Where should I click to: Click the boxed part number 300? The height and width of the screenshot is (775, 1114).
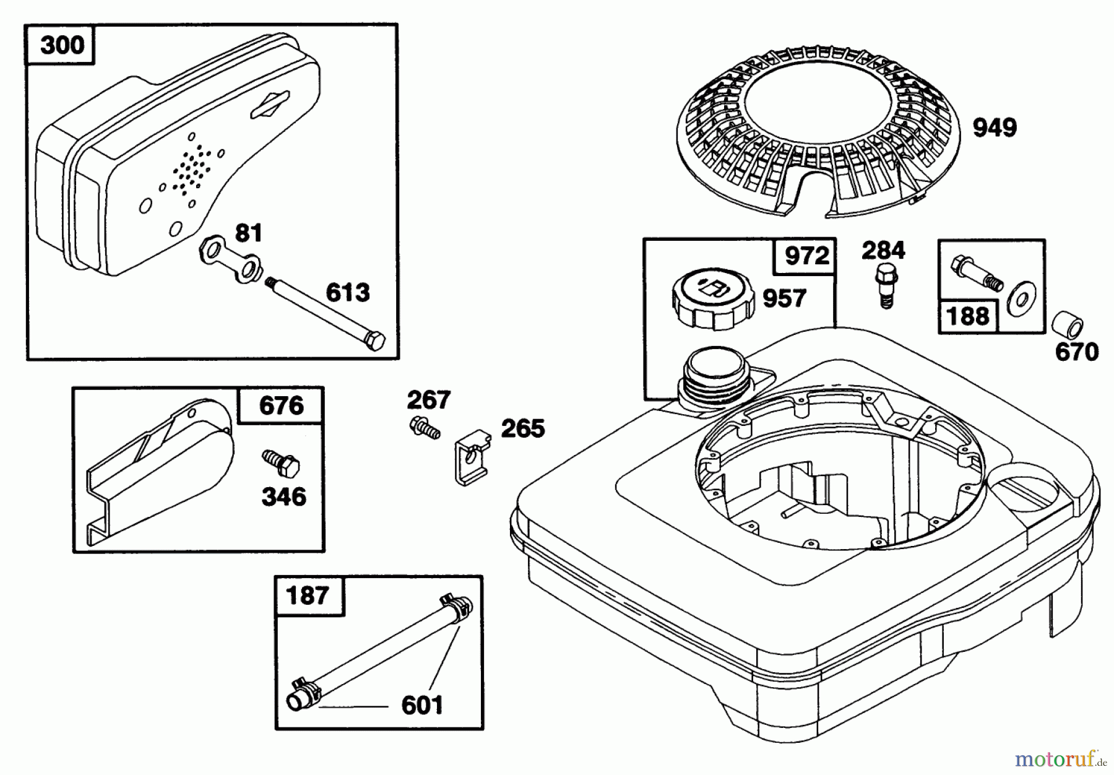click(x=61, y=45)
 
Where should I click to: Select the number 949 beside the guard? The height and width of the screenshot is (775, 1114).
click(x=995, y=128)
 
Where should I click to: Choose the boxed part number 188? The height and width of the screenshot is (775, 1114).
click(x=967, y=316)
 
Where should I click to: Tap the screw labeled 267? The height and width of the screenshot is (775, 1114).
click(x=425, y=427)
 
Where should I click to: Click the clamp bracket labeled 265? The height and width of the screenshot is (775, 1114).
click(x=470, y=457)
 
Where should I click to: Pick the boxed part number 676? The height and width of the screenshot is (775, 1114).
click(x=282, y=406)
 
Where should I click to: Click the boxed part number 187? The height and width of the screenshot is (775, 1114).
click(x=308, y=595)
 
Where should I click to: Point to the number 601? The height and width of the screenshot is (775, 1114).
click(x=422, y=705)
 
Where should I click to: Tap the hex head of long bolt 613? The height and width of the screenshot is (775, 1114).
click(x=375, y=340)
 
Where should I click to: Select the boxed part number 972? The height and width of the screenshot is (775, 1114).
click(x=806, y=256)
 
